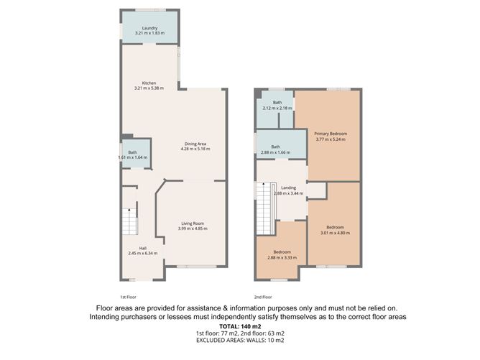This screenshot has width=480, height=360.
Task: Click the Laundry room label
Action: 149,28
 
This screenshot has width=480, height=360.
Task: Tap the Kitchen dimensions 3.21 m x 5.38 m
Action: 149,88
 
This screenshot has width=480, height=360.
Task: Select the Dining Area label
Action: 195,144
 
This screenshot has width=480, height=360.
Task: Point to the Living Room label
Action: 193,223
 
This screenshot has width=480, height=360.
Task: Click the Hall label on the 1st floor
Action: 143,249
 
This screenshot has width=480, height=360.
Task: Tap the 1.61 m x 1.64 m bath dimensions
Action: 132,157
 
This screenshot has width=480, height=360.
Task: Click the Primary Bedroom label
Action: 331,134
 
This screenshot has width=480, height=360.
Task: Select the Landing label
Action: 289,188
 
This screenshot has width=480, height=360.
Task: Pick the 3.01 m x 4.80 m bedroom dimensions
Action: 335,233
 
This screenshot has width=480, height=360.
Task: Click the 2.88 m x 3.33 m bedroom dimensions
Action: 282,258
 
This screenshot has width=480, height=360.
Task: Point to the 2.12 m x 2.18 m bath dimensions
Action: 277,108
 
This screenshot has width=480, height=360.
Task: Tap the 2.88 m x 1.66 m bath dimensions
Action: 275,152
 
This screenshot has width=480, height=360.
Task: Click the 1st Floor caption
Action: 128,297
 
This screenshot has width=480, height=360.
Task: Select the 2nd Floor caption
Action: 263,297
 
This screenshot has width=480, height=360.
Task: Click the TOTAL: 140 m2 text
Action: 240,326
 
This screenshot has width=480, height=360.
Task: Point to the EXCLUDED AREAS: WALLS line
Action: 240,340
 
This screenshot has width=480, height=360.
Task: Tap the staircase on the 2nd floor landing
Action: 266,208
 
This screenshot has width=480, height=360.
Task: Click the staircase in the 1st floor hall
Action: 130,221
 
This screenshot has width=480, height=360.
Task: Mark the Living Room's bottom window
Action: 196,267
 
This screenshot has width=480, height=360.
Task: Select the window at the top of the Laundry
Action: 151,10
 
